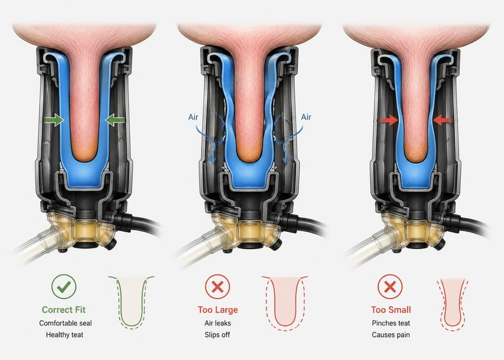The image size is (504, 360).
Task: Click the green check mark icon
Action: pos(64,287)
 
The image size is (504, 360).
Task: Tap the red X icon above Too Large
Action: pos(218,287)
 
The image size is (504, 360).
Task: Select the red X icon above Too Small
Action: pos(390,287)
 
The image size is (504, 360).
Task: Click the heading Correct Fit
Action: pos(64,310)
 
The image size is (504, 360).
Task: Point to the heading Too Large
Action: pos(218,310)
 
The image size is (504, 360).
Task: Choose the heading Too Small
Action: pos(391,310)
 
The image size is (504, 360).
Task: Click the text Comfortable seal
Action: pos(66,323)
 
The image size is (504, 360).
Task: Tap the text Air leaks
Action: pos(218,323)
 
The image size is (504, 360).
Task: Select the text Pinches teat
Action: pos(391,323)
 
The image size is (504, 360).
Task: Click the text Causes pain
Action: pos(391,335)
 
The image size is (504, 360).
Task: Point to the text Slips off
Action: pos(217,335)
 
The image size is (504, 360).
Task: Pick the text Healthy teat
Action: pos(64,335)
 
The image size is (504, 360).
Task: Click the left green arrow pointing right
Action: pos(54,120)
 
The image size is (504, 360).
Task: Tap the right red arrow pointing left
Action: pos(442,120)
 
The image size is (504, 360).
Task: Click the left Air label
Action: pos(193,117)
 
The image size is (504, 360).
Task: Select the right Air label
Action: pos(306,117)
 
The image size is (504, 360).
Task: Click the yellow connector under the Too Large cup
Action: pos(247,229)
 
